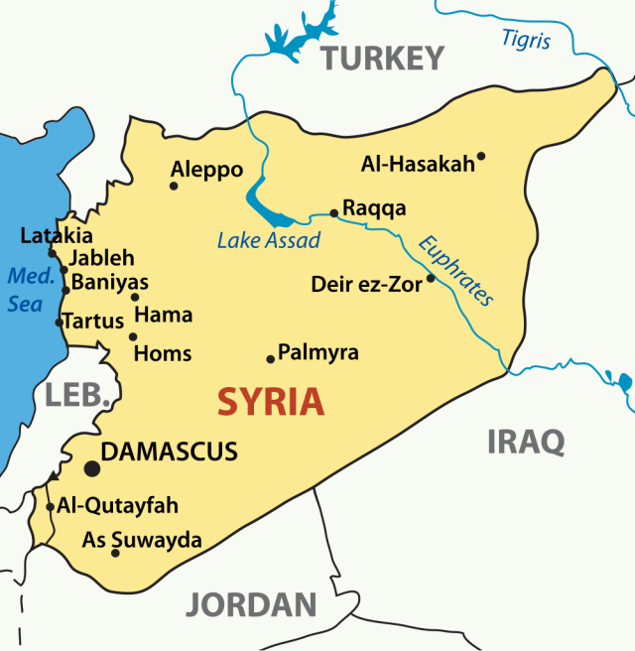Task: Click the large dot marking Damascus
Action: tap(91, 467)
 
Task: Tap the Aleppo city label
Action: tap(206, 170)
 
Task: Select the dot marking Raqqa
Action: tap(334, 212)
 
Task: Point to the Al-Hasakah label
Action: tap(418, 164)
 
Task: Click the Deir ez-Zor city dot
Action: tap(431, 279)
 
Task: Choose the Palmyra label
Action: tap(317, 352)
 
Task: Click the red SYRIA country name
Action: tap(271, 402)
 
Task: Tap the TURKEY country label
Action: tap(382, 59)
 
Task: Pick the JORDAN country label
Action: tap(251, 603)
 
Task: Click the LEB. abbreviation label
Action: tap(76, 395)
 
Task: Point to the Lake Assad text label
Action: tap(269, 240)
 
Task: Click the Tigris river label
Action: tap(525, 40)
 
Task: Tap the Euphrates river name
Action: tap(455, 270)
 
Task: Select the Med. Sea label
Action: tap(25, 290)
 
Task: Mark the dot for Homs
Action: tap(132, 336)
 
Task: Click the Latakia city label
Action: tap(57, 236)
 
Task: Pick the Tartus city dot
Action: tap(59, 322)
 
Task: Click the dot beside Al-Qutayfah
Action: tap(51, 506)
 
